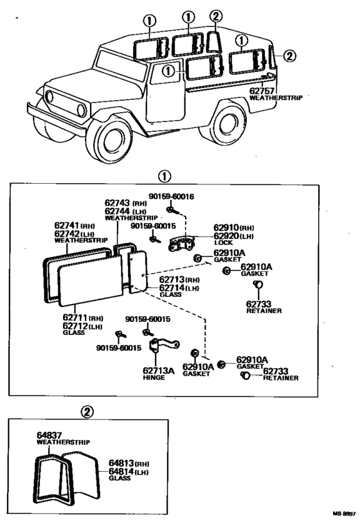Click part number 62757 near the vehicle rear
[262, 91]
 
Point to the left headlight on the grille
[49, 96]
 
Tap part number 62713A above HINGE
[158, 370]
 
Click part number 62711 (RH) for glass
[83, 317]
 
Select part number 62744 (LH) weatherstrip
[125, 211]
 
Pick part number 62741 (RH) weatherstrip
[75, 226]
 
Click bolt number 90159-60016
[171, 197]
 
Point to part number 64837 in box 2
[50, 436]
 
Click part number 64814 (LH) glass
[129, 472]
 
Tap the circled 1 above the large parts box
[165, 177]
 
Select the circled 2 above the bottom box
[87, 412]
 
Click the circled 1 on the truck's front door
[168, 71]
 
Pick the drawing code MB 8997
[344, 513]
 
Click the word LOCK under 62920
[223, 242]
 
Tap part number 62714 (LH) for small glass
[179, 288]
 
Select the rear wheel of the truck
[228, 122]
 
